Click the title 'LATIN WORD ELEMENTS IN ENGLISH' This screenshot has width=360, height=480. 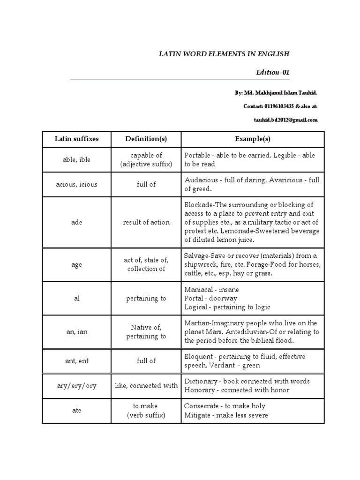pyautogui.click(x=225, y=54)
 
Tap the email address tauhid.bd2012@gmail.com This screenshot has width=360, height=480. pyautogui.click(x=284, y=120)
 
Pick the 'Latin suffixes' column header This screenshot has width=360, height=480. pyautogui.click(x=76, y=139)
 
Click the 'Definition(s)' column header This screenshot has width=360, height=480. pyautogui.click(x=146, y=139)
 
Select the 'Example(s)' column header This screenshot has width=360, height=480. pyautogui.click(x=253, y=139)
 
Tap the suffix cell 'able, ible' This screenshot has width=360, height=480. pyautogui.click(x=76, y=159)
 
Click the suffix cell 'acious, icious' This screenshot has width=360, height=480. pyautogui.click(x=76, y=184)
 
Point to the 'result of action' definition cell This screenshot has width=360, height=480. pyautogui.click(x=146, y=222)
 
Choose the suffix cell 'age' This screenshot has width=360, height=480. pyautogui.click(x=76, y=264)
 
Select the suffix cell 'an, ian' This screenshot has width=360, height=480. pyautogui.click(x=76, y=332)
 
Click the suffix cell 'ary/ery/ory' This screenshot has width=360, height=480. pyautogui.click(x=76, y=386)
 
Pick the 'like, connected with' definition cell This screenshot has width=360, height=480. pyautogui.click(x=146, y=386)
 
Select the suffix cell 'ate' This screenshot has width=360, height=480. pyautogui.click(x=76, y=411)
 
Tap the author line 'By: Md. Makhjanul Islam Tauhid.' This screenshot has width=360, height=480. pyautogui.click(x=277, y=93)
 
